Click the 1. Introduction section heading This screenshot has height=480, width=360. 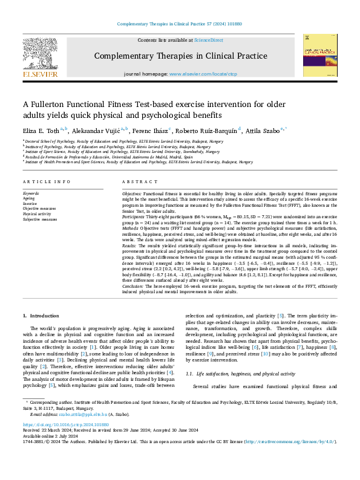(x=41, y=316)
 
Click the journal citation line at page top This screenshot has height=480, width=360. (x=180, y=24)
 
